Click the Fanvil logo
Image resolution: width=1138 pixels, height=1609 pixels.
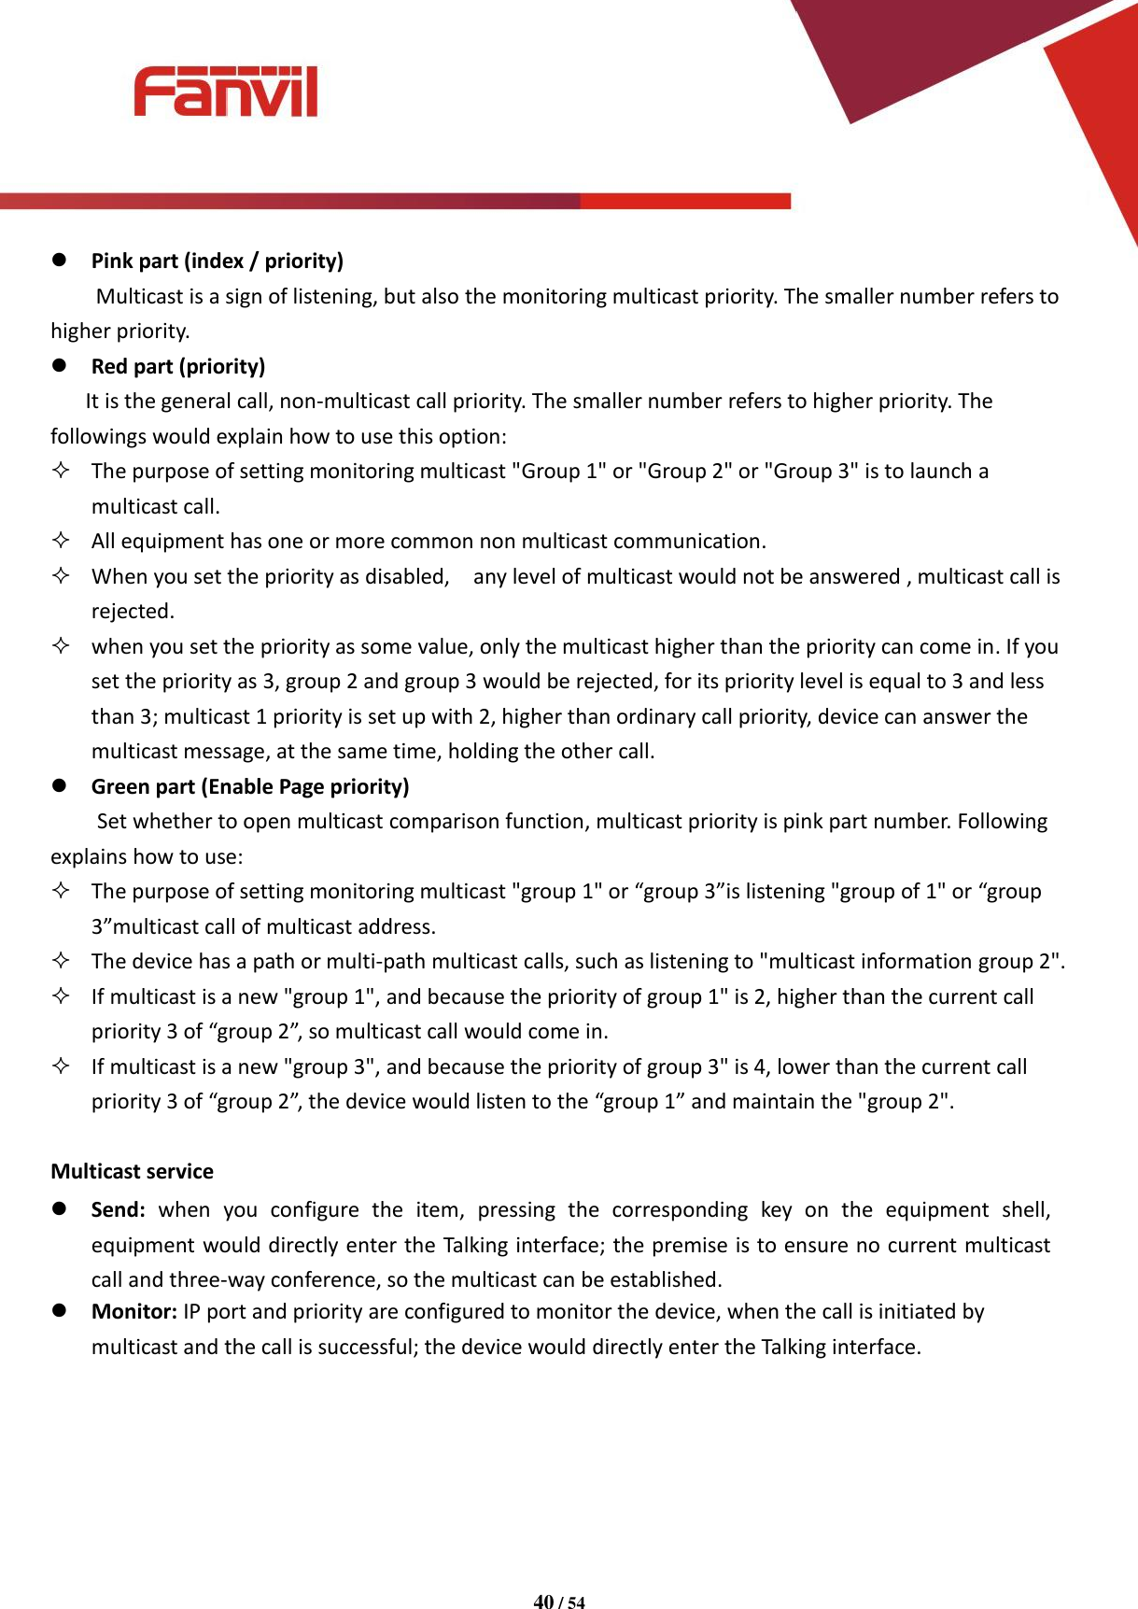[225, 92]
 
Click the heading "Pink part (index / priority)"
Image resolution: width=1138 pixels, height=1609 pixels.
[217, 261]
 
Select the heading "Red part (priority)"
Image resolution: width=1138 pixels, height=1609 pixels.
[177, 366]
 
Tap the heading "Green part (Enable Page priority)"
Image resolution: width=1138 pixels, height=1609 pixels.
[249, 786]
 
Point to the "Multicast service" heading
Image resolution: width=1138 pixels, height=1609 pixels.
[132, 1171]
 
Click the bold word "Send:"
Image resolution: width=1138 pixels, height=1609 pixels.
[118, 1210]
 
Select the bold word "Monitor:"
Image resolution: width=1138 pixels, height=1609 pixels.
[133, 1311]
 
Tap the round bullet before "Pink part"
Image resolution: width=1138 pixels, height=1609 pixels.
[59, 260]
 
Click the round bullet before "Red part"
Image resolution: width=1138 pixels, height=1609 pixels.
[59, 365]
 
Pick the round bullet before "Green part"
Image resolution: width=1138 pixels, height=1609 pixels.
[59, 785]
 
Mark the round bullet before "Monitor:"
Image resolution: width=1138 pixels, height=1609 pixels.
[59, 1310]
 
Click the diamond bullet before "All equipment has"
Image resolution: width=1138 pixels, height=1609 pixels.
[61, 541]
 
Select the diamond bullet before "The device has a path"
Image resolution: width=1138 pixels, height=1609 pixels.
[61, 961]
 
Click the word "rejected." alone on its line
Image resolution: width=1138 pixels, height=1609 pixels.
[133, 612]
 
